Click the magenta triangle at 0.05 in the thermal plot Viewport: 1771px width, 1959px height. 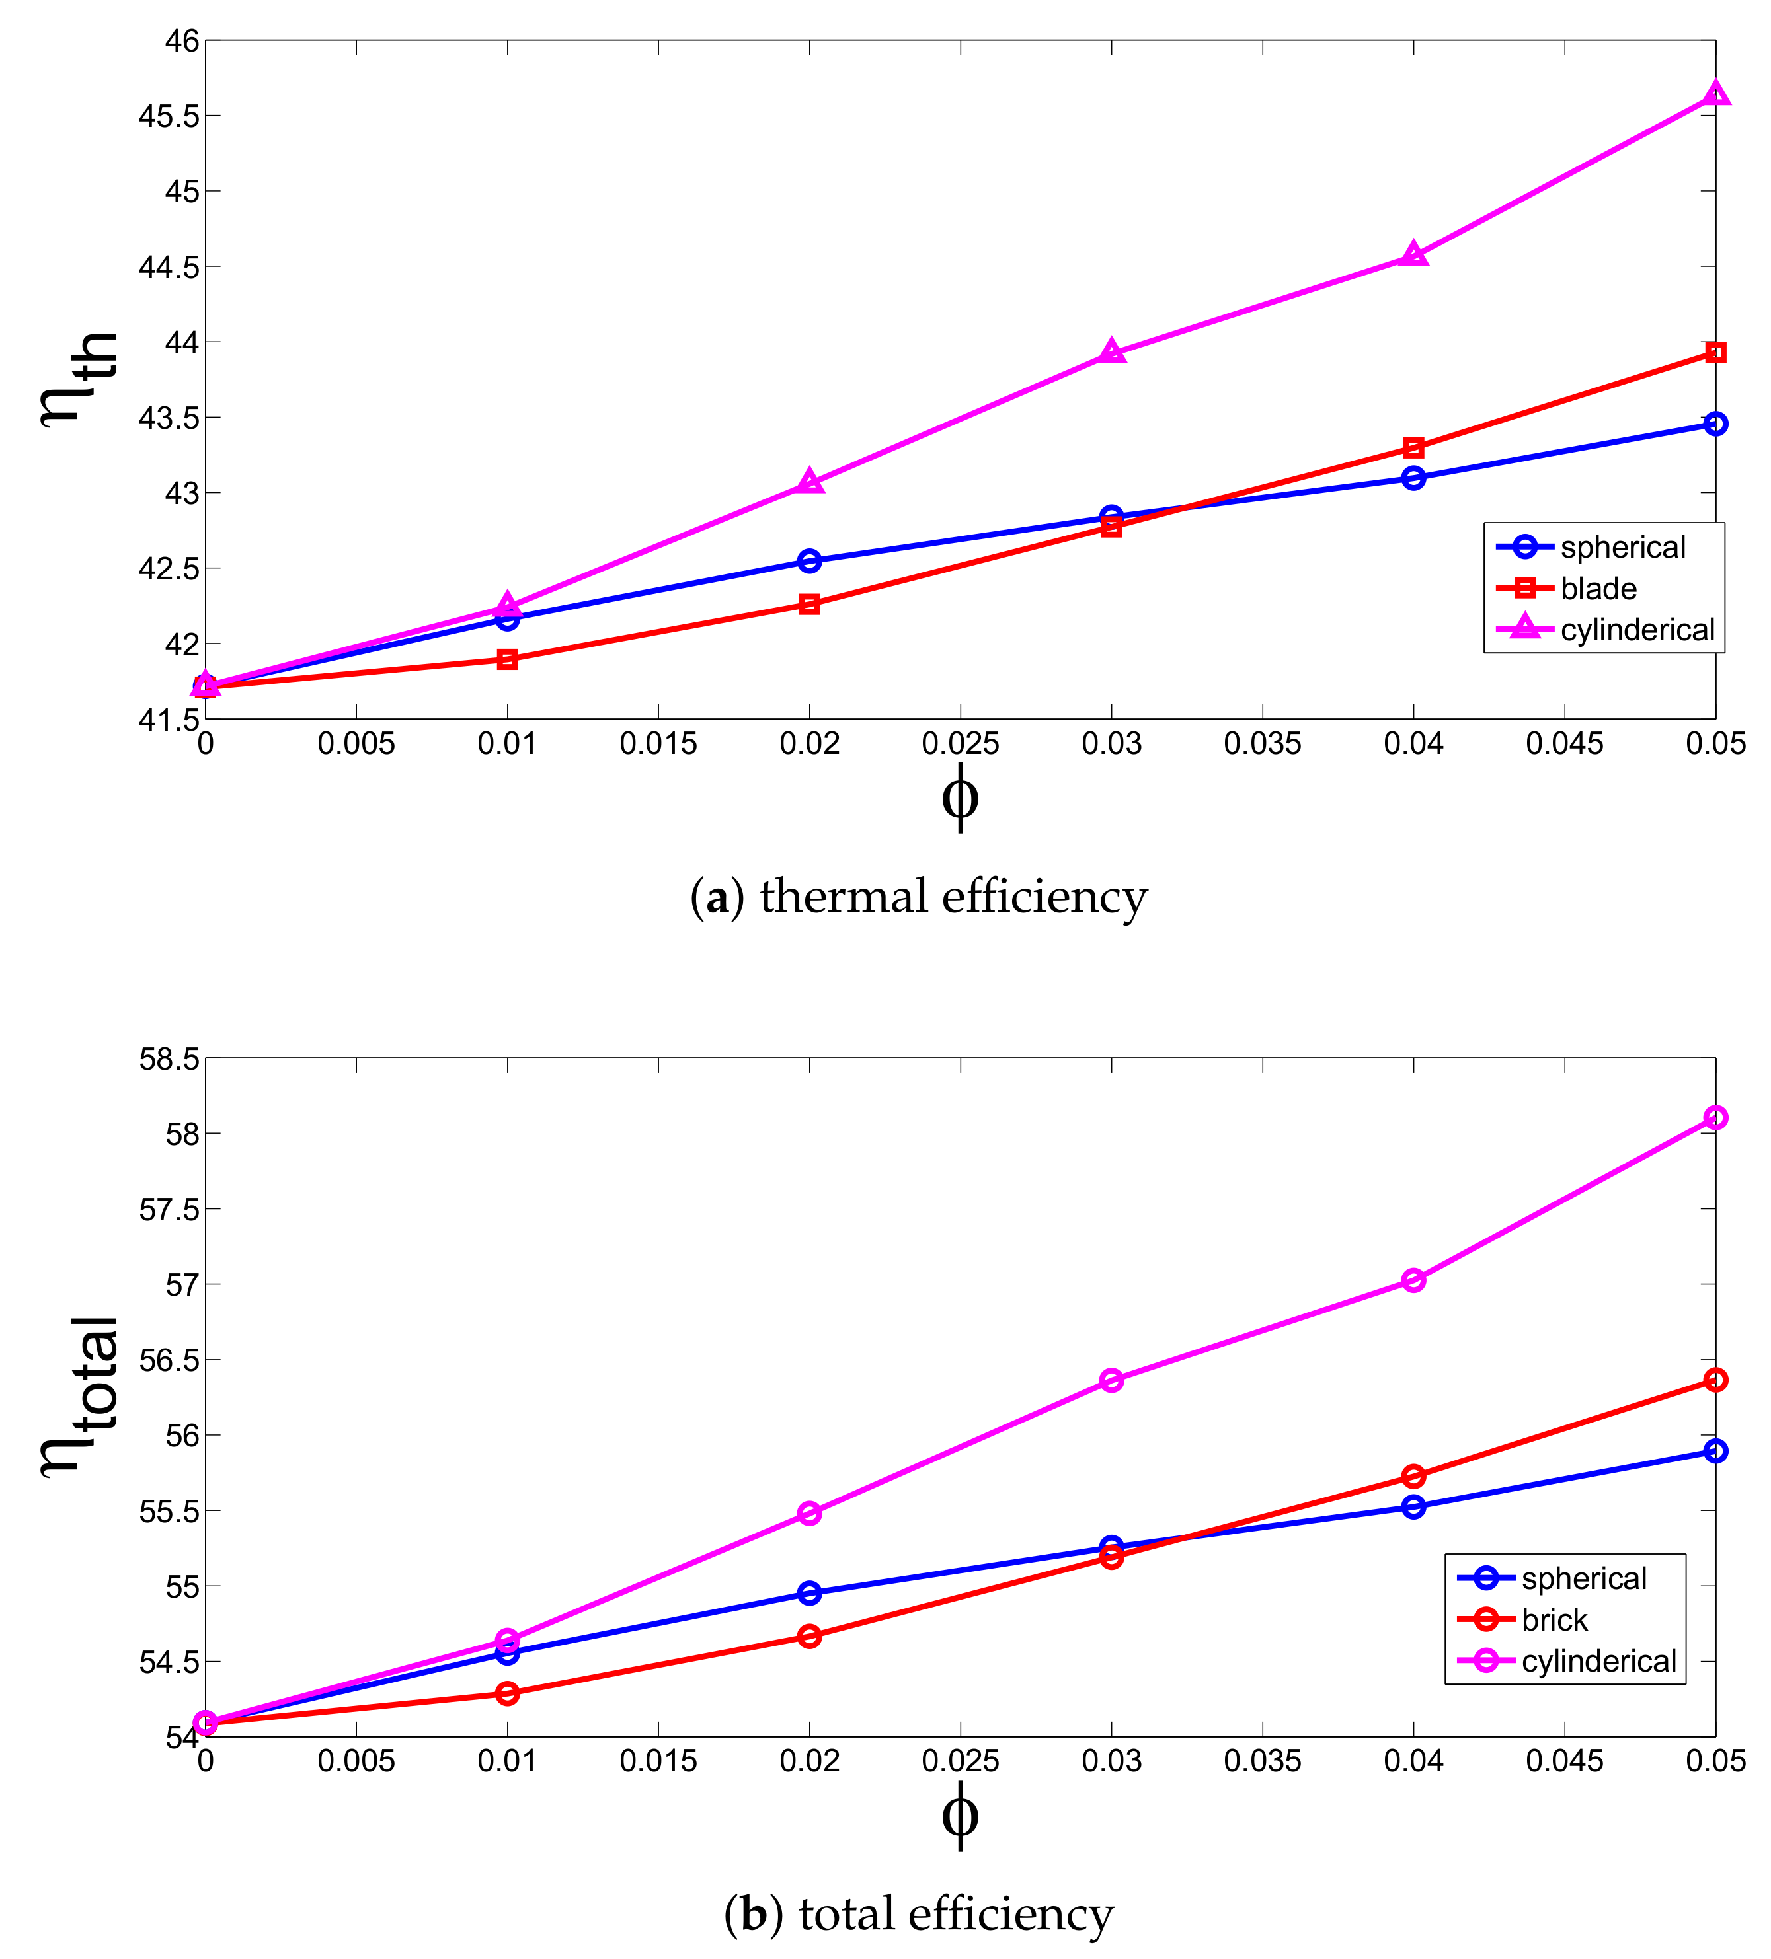pos(1715,95)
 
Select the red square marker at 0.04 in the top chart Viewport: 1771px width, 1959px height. pos(1413,448)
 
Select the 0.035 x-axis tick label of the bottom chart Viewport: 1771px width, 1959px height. pos(1262,1761)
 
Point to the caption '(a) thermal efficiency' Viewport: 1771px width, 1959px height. pos(918,896)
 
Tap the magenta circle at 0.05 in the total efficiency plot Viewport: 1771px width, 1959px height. pos(1715,1117)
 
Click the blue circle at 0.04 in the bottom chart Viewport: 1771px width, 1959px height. pos(1413,1507)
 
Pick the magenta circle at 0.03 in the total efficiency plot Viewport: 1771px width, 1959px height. pos(1111,1380)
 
